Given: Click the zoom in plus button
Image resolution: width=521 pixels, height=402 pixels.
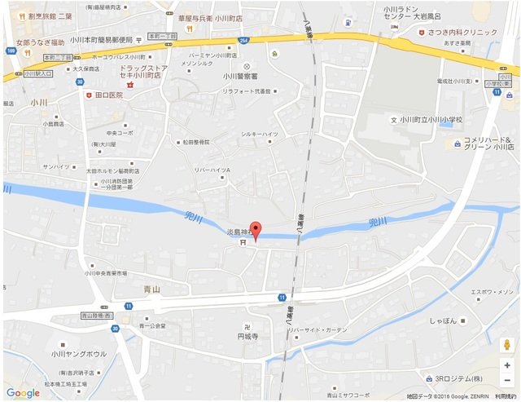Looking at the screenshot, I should coord(506,365).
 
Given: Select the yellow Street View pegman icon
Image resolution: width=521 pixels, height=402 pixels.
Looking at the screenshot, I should coord(506,343).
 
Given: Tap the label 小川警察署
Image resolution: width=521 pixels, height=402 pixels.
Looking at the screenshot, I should coord(247,77).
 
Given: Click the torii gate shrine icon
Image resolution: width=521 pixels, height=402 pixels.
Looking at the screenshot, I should coord(242,242).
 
